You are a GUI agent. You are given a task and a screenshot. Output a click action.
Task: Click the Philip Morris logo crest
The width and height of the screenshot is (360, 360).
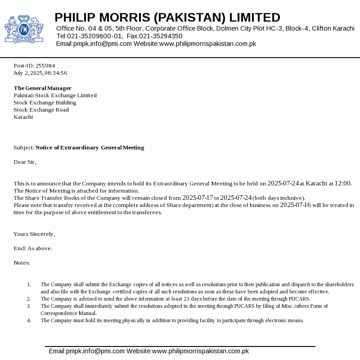tap(24, 29)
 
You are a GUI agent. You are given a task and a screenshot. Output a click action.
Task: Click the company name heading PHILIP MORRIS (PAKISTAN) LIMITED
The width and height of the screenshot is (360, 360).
tap(167, 18)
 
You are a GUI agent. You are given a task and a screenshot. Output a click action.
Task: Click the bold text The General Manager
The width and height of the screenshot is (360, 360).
tap(42, 88)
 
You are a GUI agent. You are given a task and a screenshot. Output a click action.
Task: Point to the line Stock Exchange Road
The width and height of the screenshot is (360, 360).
tap(41, 110)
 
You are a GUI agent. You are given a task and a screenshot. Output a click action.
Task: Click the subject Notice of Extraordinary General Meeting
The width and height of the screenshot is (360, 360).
tap(90, 148)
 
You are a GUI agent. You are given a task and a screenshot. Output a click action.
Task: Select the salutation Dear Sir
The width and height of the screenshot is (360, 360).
tap(25, 162)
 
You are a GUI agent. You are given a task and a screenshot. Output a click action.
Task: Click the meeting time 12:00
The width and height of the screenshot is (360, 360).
tap(343, 183)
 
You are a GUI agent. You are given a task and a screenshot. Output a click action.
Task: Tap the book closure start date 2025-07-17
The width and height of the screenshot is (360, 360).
tap(198, 198)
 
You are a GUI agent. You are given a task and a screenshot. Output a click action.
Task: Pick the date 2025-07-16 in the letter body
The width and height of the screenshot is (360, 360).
tap(295, 205)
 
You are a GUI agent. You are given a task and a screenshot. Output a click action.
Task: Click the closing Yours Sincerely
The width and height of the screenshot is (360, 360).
tap(34, 234)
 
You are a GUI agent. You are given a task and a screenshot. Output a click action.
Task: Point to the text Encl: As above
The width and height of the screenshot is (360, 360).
tap(33, 248)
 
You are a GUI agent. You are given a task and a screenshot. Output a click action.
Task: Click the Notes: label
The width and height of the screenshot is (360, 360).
tap(22, 263)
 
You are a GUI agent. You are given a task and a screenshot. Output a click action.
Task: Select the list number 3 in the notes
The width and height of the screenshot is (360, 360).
tap(29, 306)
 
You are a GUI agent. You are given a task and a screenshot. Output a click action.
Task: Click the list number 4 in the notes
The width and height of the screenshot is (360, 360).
tap(29, 320)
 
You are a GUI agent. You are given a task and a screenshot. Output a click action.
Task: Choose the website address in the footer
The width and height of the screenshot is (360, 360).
tap(200, 351)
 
